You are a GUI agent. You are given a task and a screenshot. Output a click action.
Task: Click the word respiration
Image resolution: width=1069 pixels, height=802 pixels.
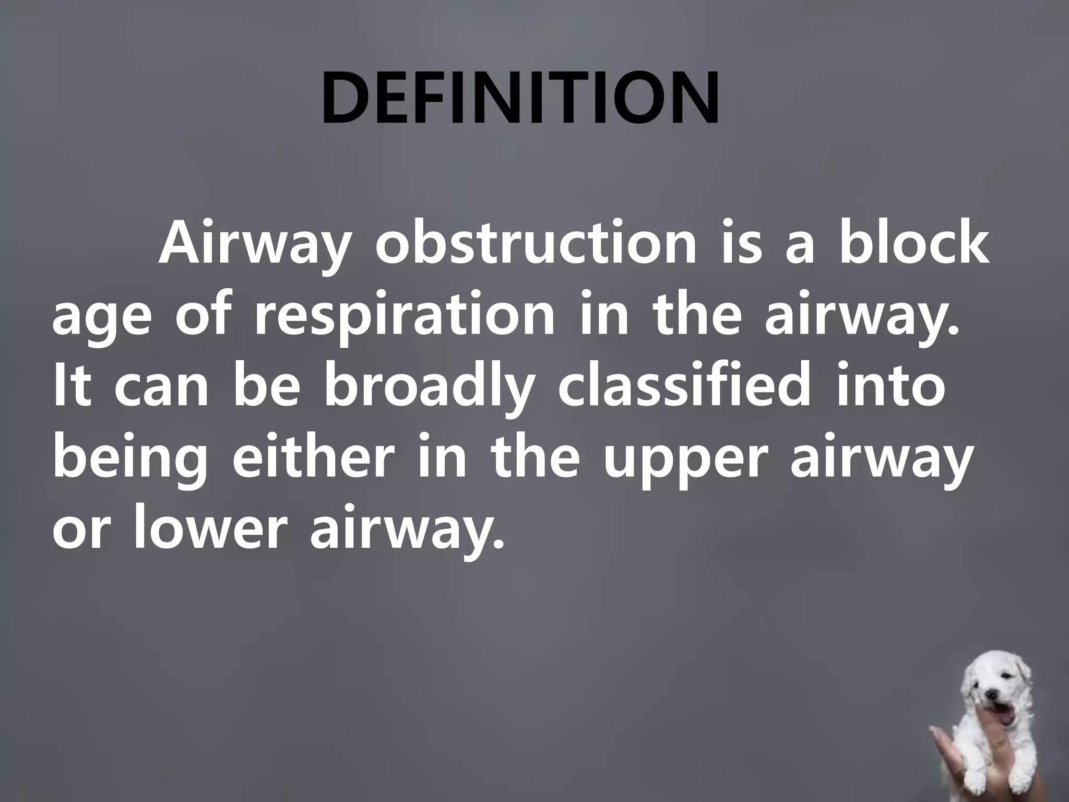pyautogui.click(x=405, y=317)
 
